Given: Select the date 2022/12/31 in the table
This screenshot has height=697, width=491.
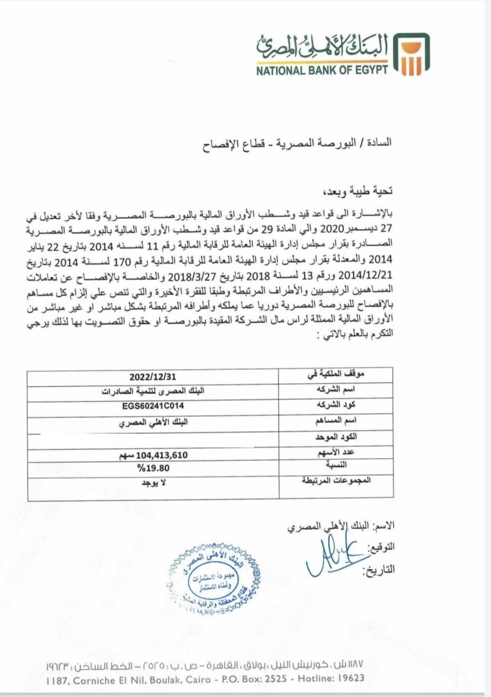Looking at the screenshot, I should click(153, 376).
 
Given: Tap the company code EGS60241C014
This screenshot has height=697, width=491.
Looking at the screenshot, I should click(153, 407).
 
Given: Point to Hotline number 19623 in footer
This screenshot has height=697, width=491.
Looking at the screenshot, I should click(351, 679).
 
